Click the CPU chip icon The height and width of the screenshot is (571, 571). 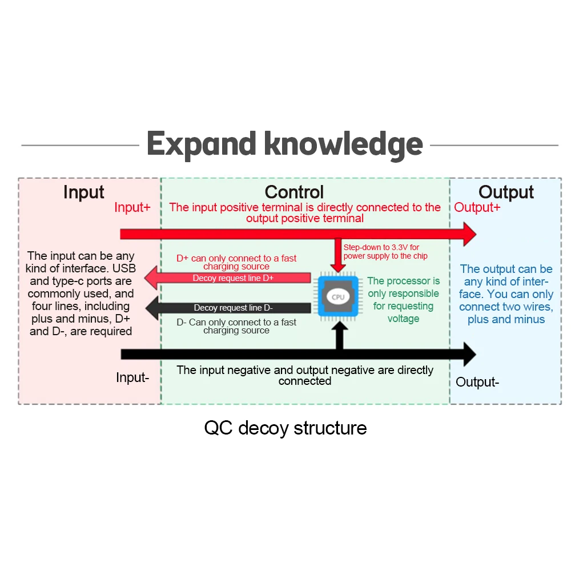338,296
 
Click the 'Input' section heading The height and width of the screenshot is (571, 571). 84,192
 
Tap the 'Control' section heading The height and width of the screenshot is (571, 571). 294,192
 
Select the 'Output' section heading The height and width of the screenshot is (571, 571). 506,192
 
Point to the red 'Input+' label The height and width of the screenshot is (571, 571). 132,207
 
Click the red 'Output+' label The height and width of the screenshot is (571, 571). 477,207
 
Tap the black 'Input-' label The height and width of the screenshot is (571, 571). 132,377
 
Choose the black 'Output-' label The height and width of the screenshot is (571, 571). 477,382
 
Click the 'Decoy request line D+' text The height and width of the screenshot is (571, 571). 233,278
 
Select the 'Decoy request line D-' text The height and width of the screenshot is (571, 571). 233,308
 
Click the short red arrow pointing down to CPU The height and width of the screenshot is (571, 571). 338,255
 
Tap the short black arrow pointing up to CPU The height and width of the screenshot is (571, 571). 339,336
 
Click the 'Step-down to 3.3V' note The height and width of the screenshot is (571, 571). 385,252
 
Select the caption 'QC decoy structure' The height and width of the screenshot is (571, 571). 285,428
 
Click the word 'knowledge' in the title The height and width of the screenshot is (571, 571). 343,144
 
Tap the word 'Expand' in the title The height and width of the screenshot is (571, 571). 202,145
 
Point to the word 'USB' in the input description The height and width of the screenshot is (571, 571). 124,268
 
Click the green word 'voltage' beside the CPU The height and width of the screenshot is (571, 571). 404,319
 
